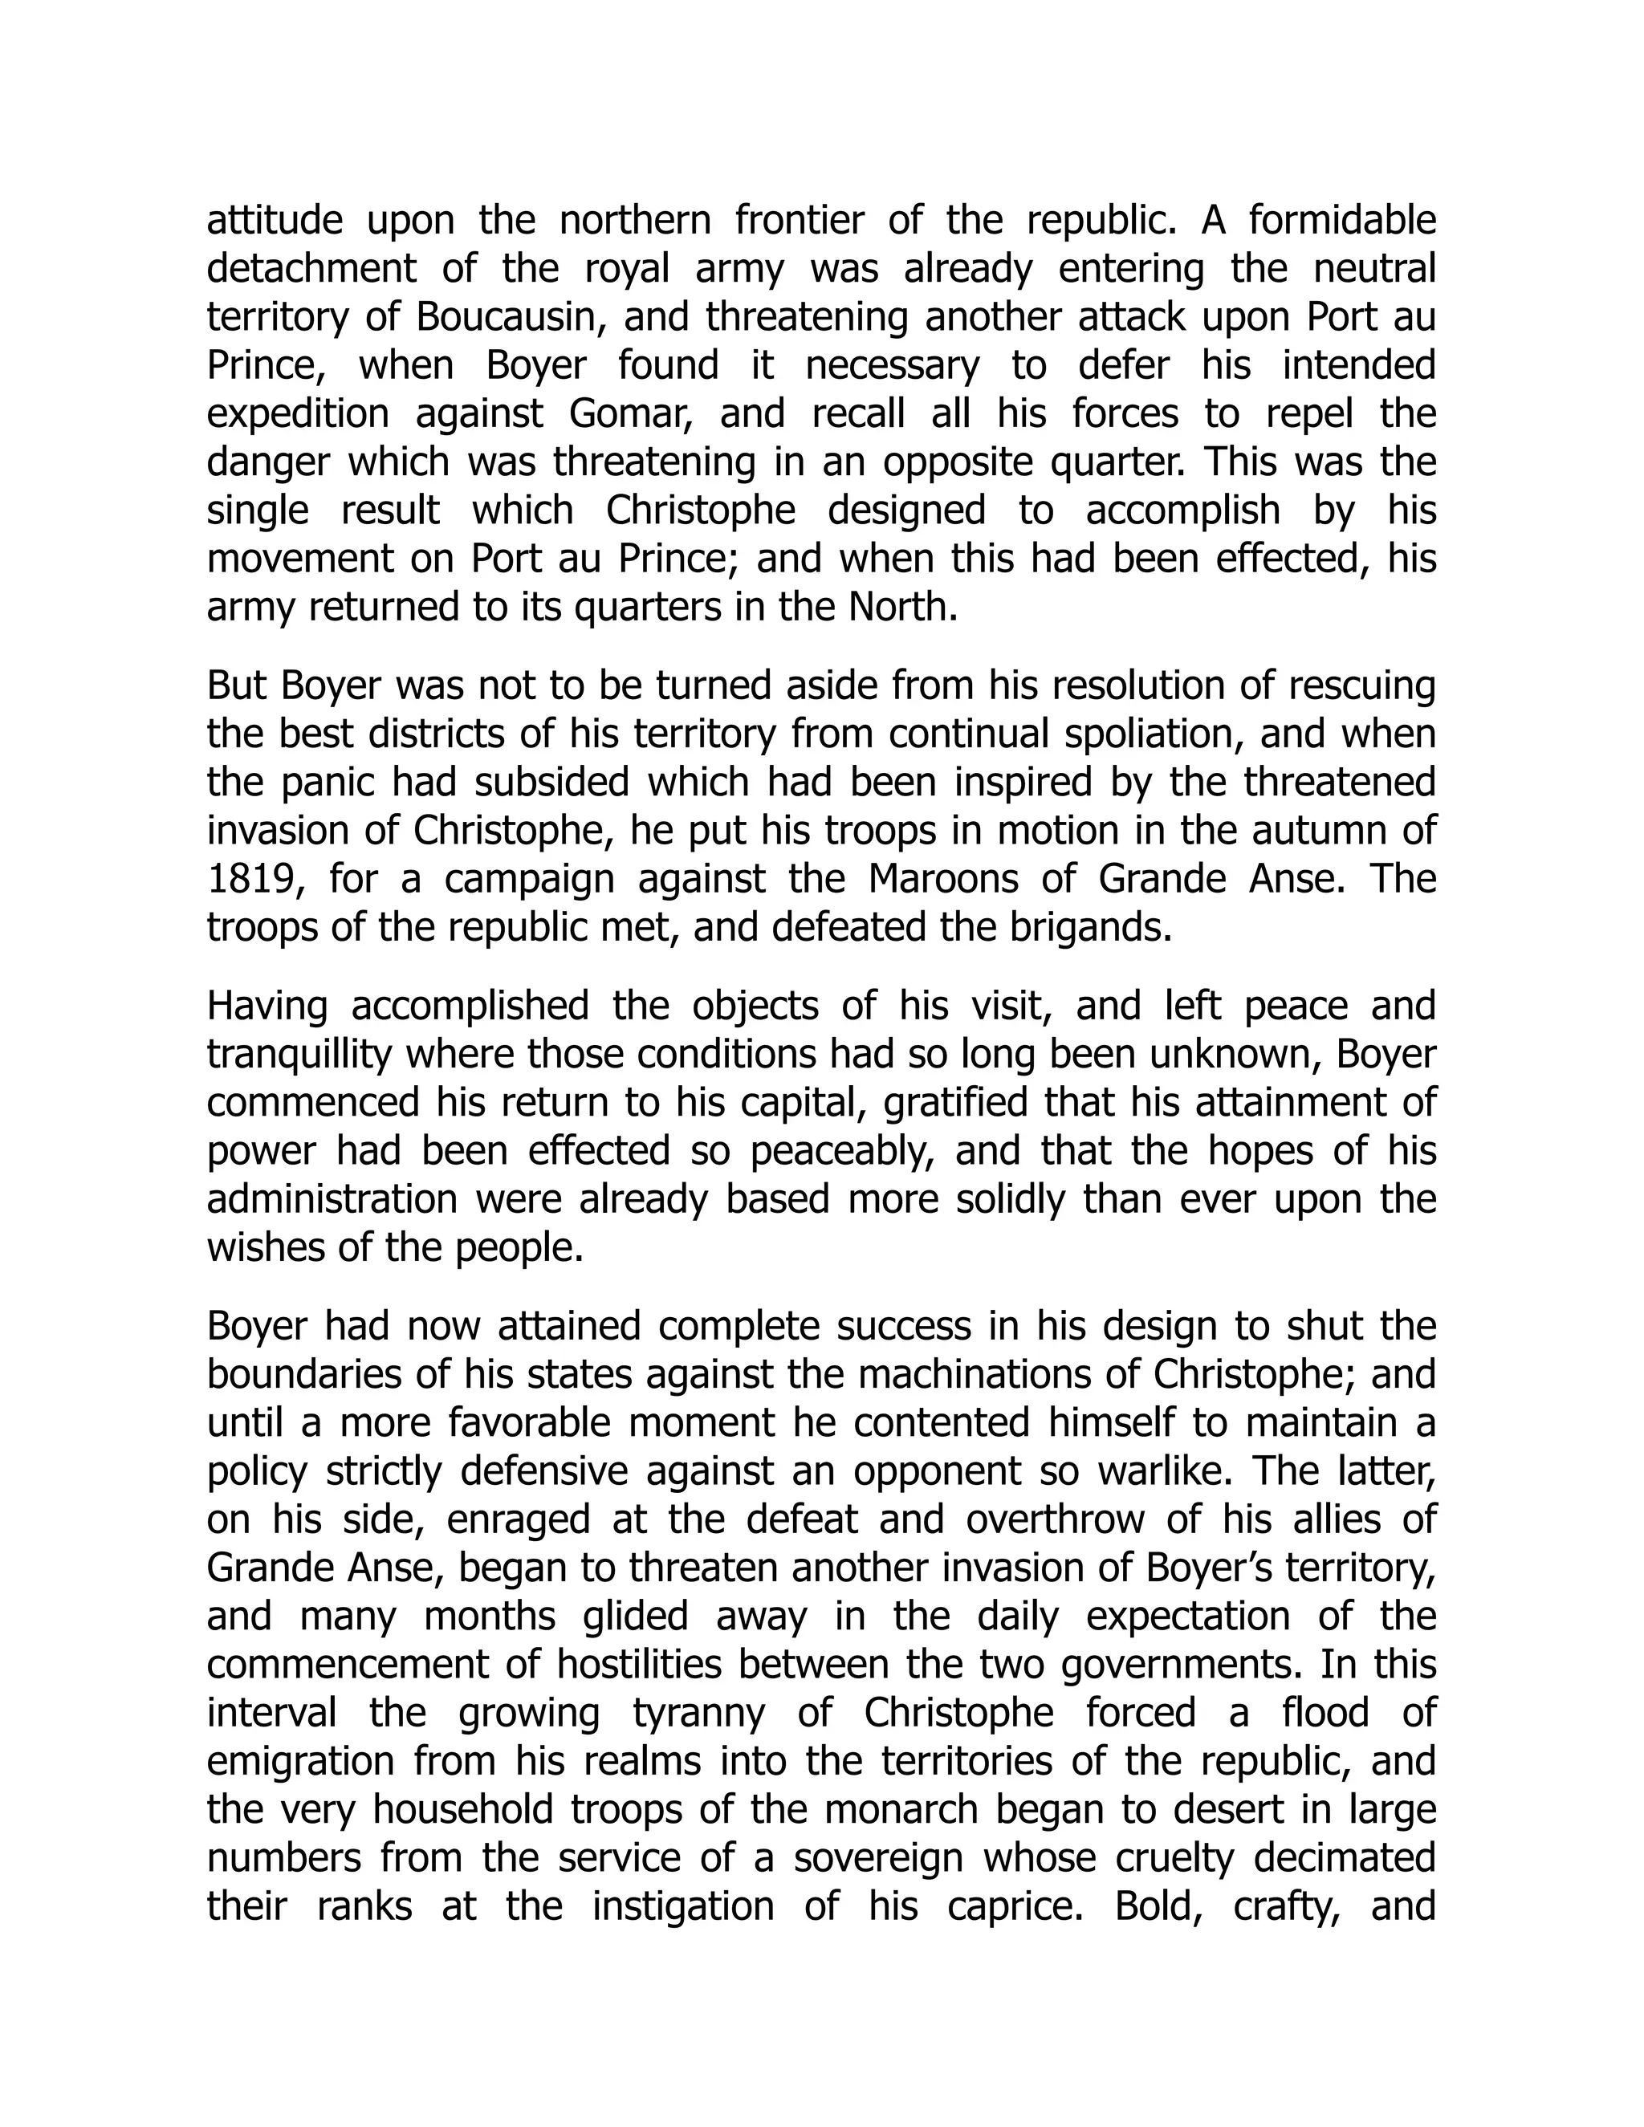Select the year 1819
tap(250, 880)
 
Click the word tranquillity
tap(299, 1054)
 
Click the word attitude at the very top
tap(274, 221)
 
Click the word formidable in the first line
tap(1342, 221)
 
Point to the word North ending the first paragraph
tap(901, 608)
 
